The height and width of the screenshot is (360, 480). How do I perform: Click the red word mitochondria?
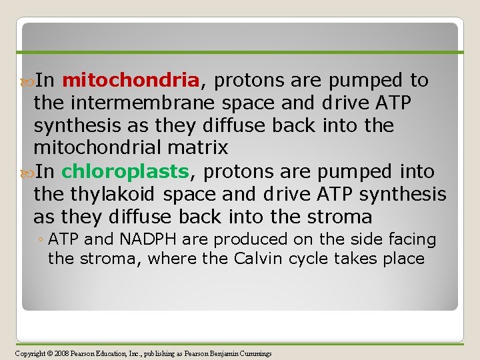(130, 81)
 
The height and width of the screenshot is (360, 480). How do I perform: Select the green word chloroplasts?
(125, 171)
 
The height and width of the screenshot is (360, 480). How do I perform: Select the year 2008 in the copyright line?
(59, 353)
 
